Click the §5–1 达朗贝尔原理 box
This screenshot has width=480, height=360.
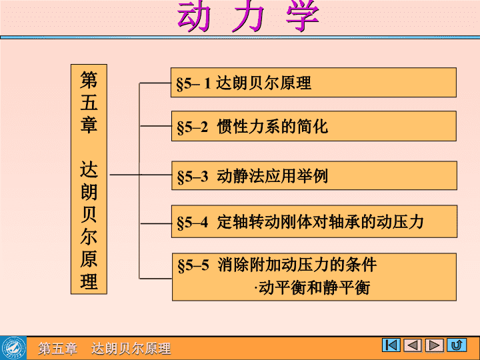tap(313, 83)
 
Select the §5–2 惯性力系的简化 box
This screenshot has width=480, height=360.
tap(314, 126)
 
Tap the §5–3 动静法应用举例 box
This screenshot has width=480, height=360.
tap(314, 176)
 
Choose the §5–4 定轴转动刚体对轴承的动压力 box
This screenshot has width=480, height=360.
tap(314, 221)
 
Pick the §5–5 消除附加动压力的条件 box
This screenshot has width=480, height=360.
tap(314, 277)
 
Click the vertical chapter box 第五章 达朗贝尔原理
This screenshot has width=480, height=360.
tap(89, 179)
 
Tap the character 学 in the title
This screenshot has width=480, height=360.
tap(303, 16)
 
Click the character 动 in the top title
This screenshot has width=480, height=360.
tap(194, 16)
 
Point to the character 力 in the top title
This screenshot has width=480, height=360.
tap(248, 16)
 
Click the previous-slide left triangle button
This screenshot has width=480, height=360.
tap(413, 345)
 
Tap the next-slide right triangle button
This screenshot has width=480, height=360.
tap(435, 345)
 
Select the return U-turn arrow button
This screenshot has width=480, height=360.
tap(457, 345)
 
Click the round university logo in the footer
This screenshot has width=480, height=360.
tap(13, 348)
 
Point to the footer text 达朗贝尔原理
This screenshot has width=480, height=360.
tap(131, 349)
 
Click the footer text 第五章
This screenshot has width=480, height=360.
tap(57, 349)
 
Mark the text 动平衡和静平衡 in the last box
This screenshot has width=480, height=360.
tap(314, 288)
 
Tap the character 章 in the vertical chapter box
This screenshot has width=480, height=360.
tap(89, 124)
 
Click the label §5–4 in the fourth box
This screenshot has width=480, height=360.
tap(193, 223)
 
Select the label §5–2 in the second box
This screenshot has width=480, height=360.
tap(193, 127)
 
